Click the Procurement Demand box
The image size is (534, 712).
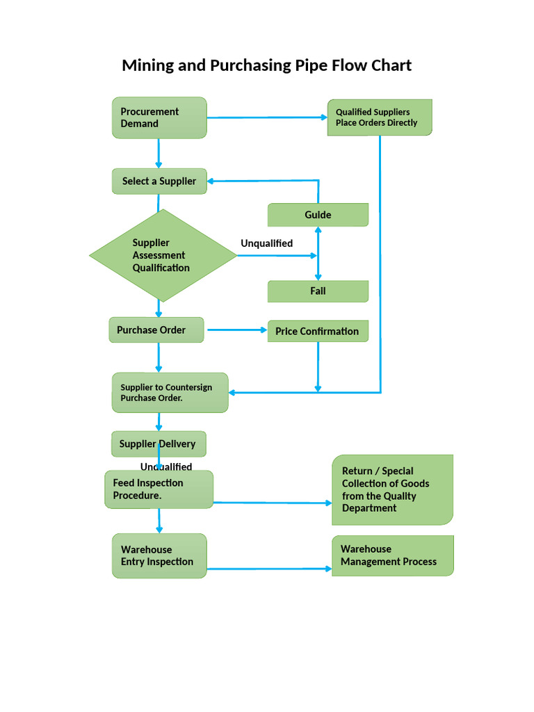pyautogui.click(x=159, y=118)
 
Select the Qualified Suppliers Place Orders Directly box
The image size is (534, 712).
pyautogui.click(x=380, y=117)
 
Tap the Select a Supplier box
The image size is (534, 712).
pyautogui.click(x=159, y=181)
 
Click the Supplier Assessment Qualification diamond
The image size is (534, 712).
pyautogui.click(x=163, y=255)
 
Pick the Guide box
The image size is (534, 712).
pyautogui.click(x=318, y=215)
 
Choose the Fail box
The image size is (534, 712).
pyautogui.click(x=318, y=291)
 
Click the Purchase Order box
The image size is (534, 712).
pyautogui.click(x=156, y=330)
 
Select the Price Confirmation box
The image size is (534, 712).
pyautogui.click(x=318, y=331)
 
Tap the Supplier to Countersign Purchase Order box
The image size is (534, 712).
pyautogui.click(x=170, y=393)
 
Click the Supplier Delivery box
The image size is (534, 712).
pyautogui.click(x=159, y=444)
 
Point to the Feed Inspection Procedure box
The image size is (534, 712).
pyautogui.click(x=159, y=489)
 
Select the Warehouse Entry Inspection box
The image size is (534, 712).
pyautogui.click(x=159, y=556)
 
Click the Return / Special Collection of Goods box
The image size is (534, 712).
pyautogui.click(x=393, y=489)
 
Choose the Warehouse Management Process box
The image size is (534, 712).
pyautogui.click(x=393, y=556)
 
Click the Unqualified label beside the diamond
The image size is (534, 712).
pyautogui.click(x=266, y=243)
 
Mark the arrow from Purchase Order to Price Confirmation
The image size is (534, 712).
pyautogui.click(x=236, y=330)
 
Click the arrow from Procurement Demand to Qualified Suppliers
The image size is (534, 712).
pyautogui.click(x=267, y=118)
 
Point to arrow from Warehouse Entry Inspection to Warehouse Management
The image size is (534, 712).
pyautogui.click(x=269, y=569)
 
